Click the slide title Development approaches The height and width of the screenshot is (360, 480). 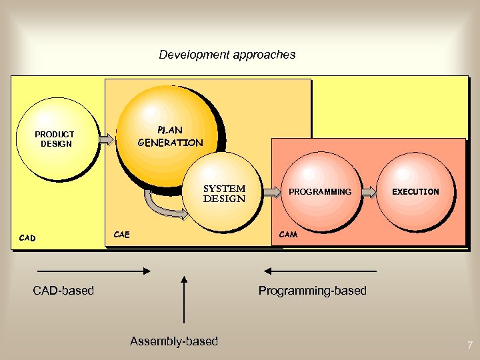click(227, 55)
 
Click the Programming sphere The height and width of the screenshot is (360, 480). click(320, 191)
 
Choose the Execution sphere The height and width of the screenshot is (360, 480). click(415, 191)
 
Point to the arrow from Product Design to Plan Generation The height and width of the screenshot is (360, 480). click(107, 139)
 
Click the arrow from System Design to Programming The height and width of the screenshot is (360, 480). click(272, 192)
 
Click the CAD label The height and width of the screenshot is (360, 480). click(27, 237)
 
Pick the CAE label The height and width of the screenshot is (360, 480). click(122, 234)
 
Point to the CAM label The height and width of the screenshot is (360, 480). click(288, 234)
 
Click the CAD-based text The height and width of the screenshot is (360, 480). click(63, 290)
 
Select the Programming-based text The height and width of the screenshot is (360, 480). click(313, 290)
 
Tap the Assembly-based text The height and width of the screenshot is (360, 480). click(174, 341)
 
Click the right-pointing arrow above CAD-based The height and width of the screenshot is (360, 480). click(93, 271)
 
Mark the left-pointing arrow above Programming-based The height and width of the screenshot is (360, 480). click(320, 271)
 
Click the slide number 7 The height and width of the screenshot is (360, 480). click(470, 345)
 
